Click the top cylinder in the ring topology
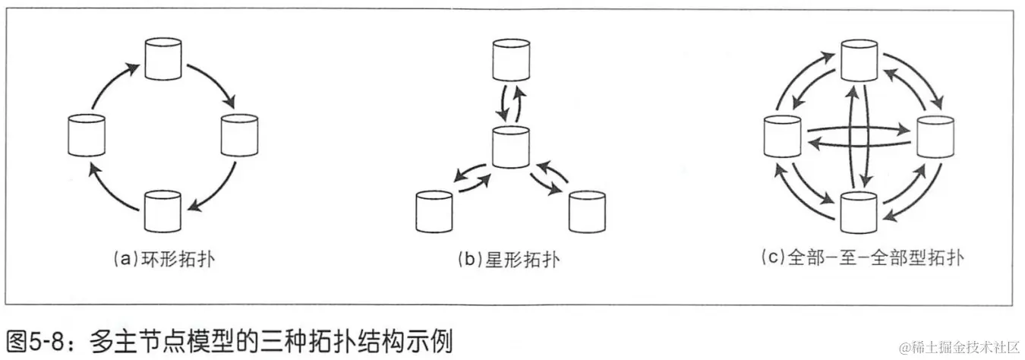pyautogui.click(x=162, y=60)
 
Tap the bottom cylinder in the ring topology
pyautogui.click(x=162, y=212)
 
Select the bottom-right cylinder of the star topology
pyautogui.click(x=587, y=210)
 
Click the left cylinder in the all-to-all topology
pyautogui.click(x=782, y=137)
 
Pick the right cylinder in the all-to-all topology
pyautogui.click(x=935, y=137)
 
